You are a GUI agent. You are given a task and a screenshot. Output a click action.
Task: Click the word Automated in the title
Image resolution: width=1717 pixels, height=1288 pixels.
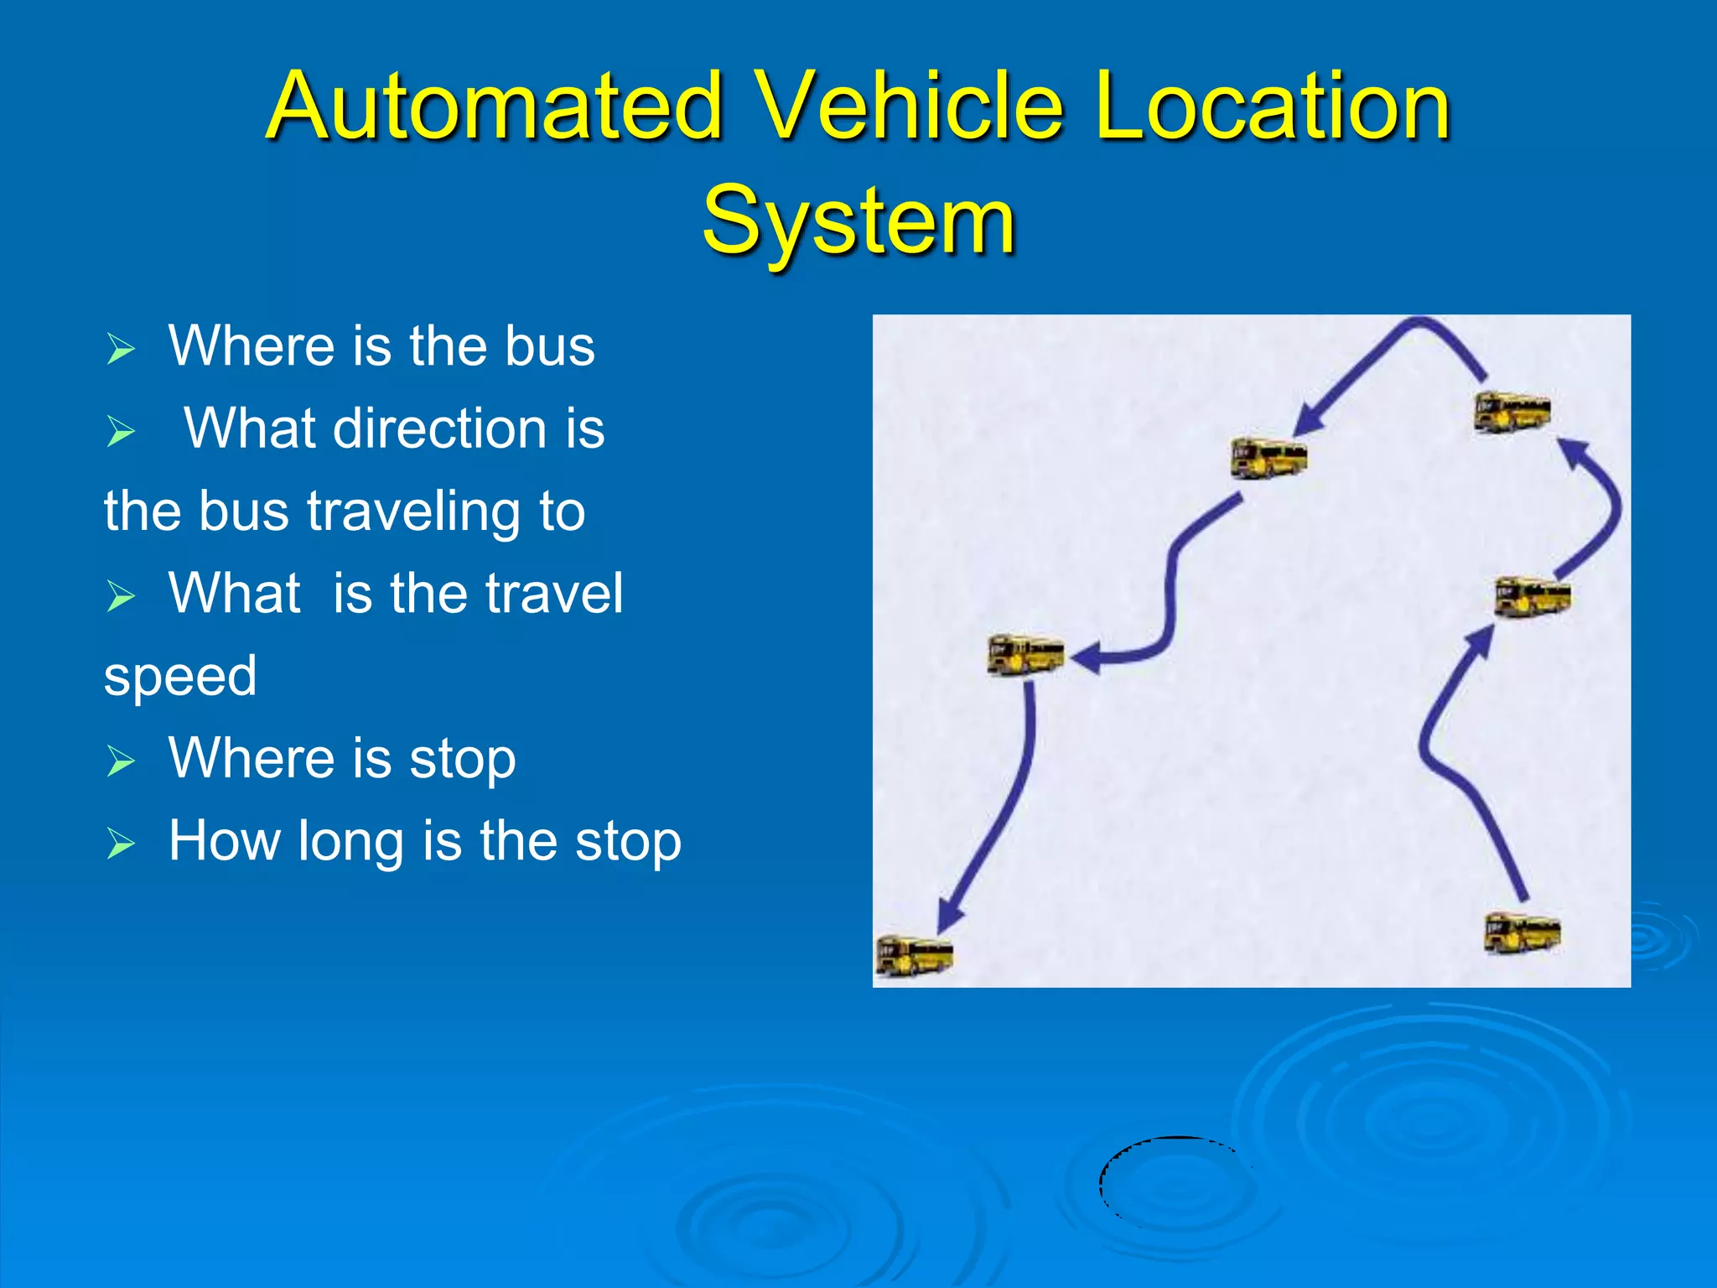(495, 106)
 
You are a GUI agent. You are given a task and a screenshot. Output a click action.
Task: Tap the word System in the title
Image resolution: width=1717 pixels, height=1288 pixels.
(858, 221)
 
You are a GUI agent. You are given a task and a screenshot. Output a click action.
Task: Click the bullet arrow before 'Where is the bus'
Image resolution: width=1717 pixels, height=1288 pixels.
(121, 349)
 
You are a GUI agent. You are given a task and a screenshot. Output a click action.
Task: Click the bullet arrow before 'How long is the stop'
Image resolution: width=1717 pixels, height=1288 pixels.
(121, 844)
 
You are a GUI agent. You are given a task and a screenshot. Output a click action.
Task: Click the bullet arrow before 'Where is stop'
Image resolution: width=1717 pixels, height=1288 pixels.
(121, 761)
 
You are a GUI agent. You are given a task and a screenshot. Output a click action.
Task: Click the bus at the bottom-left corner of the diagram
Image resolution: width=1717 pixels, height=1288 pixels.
(914, 955)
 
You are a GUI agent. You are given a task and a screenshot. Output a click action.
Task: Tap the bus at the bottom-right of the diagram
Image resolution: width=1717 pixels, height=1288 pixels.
(1522, 933)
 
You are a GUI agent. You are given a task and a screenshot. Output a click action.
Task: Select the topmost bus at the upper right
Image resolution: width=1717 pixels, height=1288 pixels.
(1512, 412)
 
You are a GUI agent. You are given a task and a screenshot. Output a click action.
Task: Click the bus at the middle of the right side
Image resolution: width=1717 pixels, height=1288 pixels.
(1533, 596)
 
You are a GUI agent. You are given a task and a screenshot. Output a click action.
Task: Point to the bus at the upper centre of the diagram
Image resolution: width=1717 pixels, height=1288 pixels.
(1268, 458)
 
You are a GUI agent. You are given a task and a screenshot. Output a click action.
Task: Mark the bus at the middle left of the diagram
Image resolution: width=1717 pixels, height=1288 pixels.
(1025, 655)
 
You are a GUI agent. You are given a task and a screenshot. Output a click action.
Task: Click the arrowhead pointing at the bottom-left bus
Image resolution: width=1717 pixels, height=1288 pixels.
(949, 917)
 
